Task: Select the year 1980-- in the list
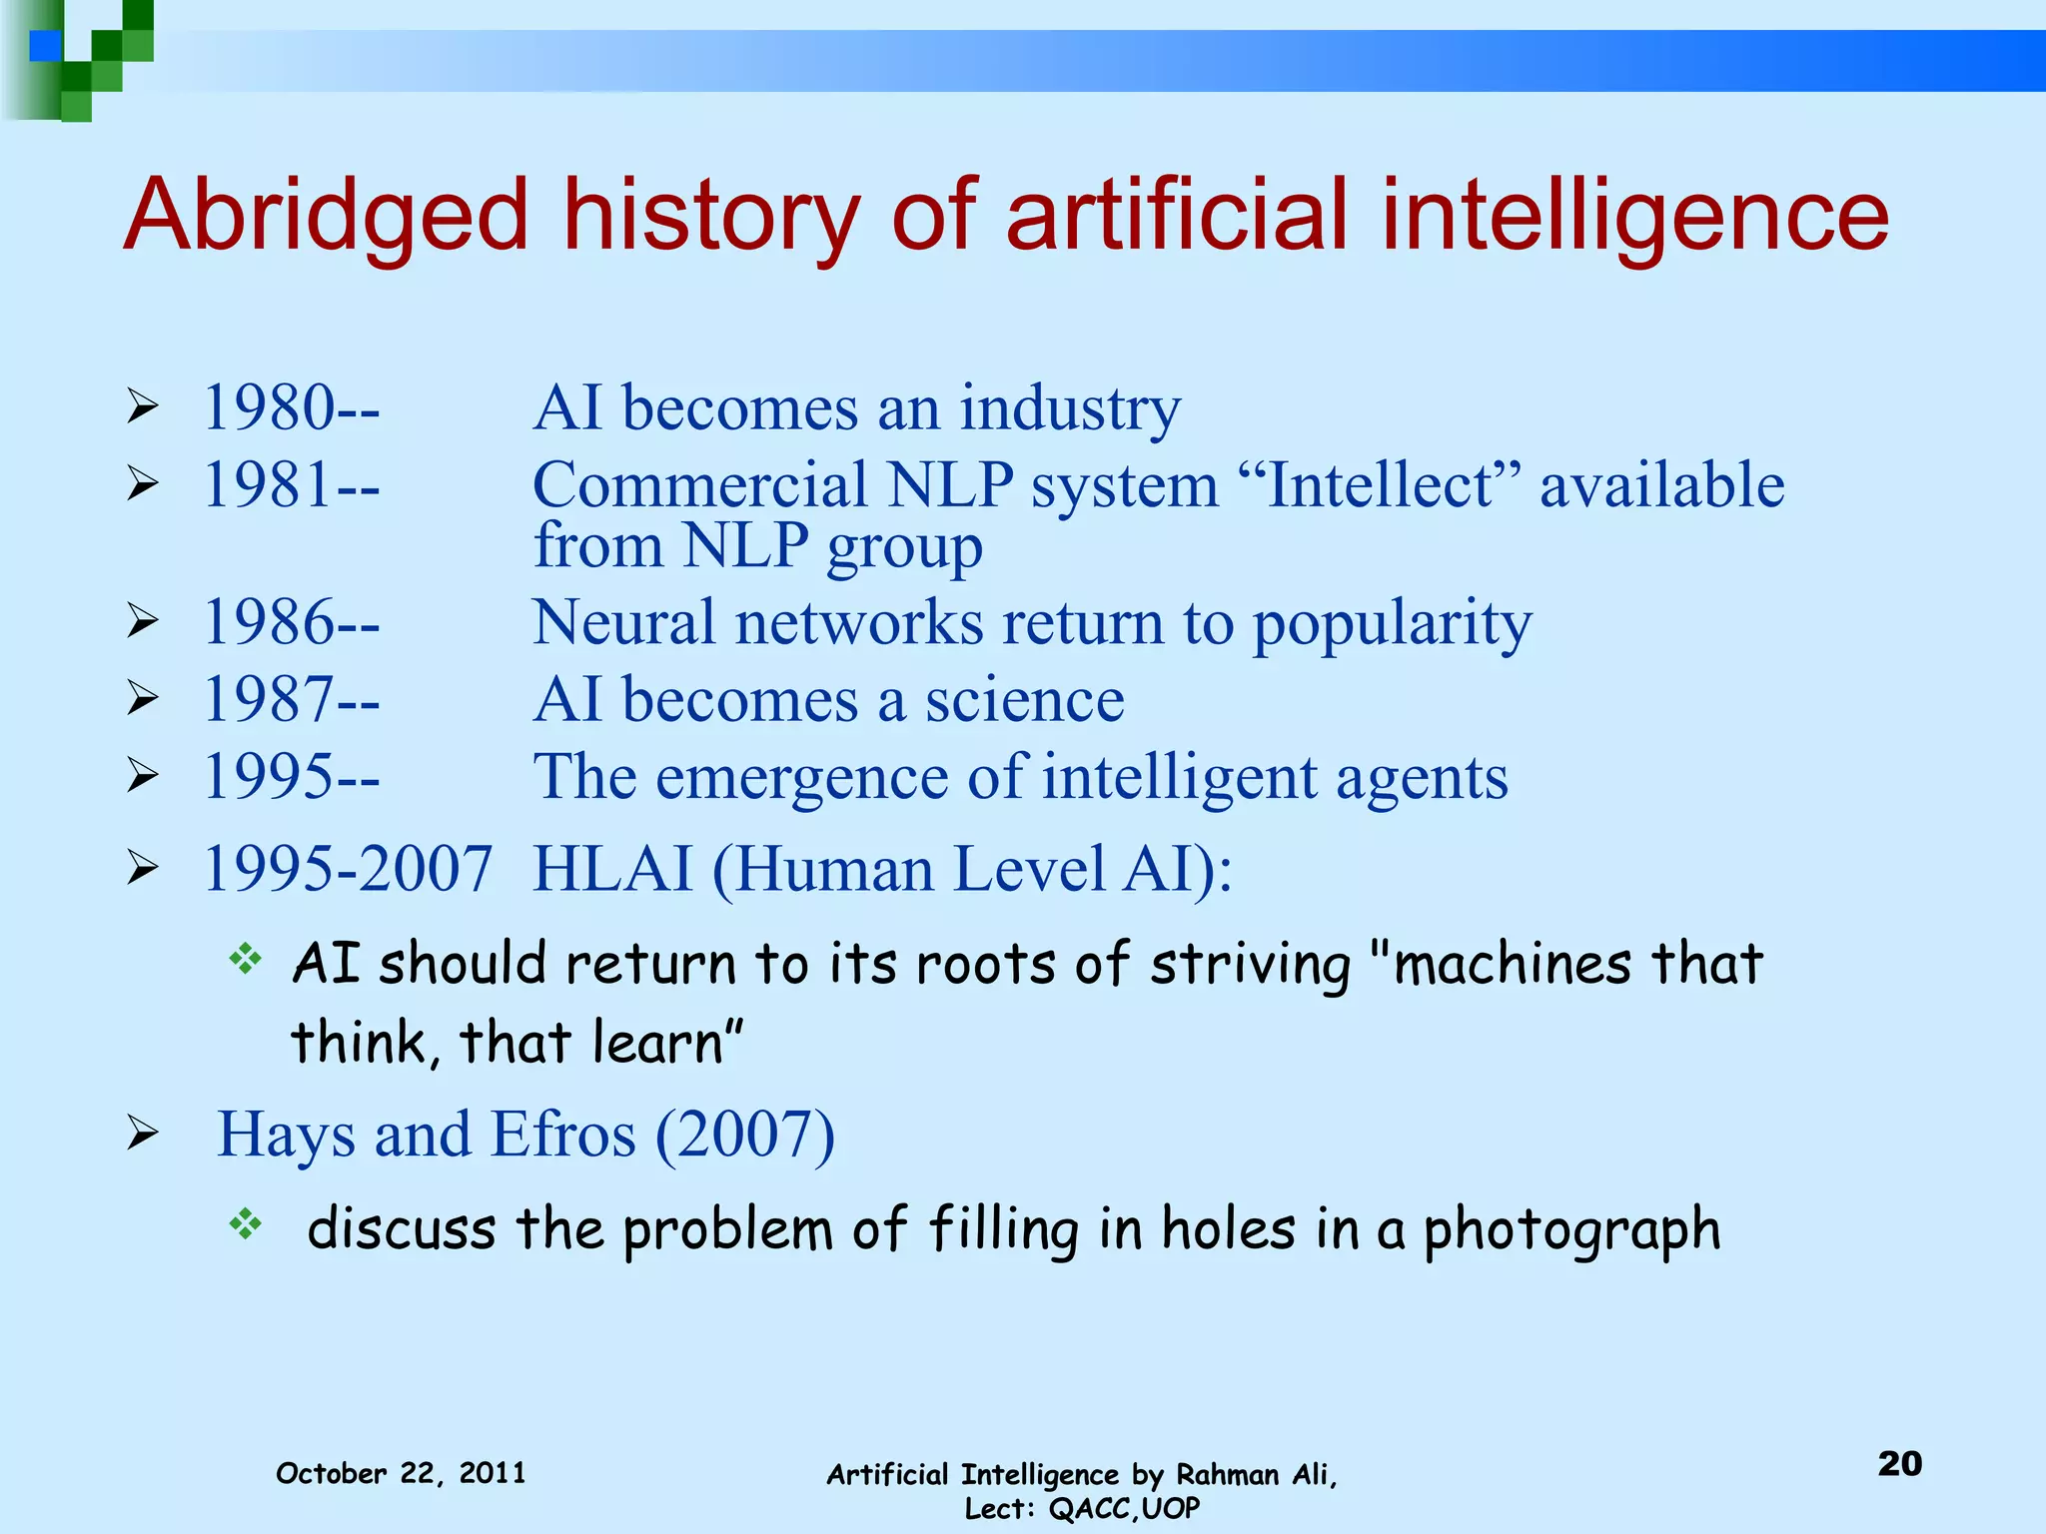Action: coord(291,408)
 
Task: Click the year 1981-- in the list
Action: coord(291,485)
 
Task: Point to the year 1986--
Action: coord(291,622)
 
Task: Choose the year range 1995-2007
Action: coord(348,868)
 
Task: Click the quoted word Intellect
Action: coord(1379,485)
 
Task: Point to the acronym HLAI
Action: coord(612,868)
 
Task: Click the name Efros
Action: coord(563,1135)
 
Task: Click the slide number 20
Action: coord(1899,1464)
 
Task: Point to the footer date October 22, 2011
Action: coord(401,1473)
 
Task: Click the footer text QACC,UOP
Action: coord(1124,1508)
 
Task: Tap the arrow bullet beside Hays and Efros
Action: coord(143,1134)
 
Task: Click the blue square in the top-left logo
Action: coord(45,45)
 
